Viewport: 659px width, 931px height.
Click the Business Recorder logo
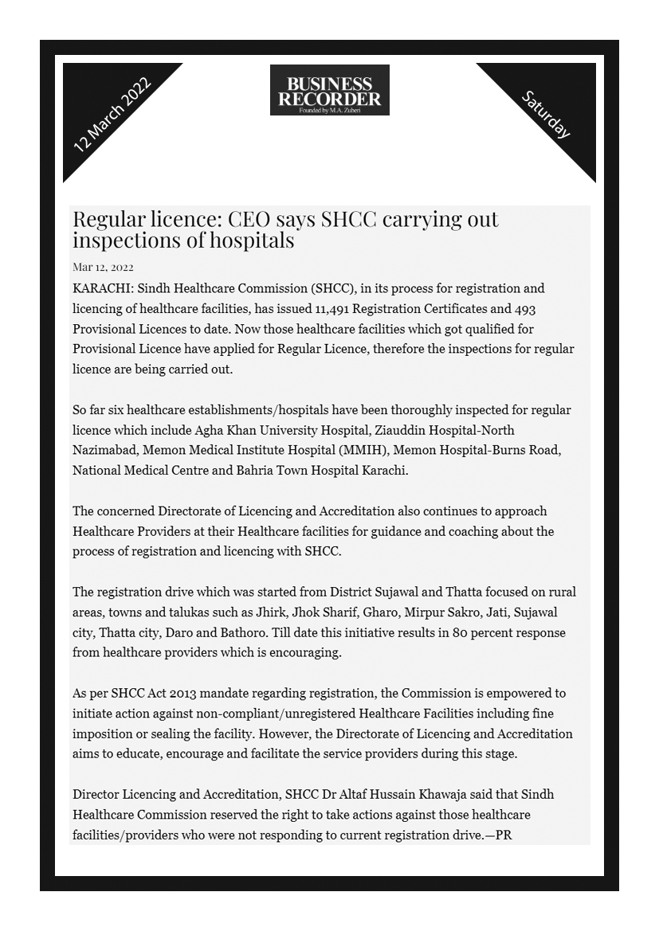(329, 90)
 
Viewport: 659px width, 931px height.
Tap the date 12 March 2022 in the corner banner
(112, 115)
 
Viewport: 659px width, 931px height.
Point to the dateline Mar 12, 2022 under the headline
(103, 267)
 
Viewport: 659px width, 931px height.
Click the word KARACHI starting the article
(96, 288)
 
